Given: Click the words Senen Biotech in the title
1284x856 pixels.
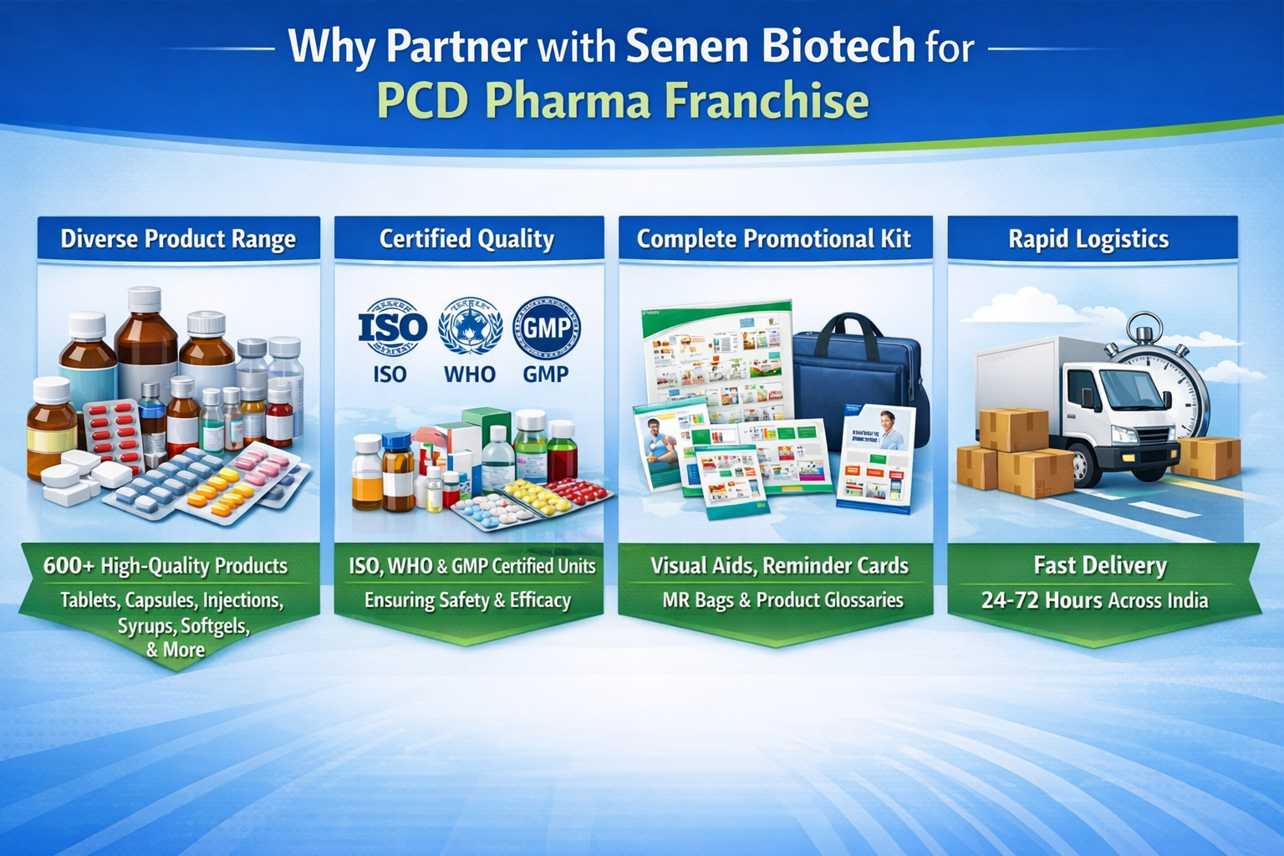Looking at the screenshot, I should pos(769,46).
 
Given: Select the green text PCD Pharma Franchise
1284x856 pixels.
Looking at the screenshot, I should pos(623,101).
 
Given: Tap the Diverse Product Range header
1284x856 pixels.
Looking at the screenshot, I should pos(178,239).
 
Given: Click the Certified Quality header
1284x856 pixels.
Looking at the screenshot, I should pos(466,239).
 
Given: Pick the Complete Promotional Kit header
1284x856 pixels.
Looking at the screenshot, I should pos(773,239).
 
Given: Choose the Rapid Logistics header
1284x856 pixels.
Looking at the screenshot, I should pos(1088,239).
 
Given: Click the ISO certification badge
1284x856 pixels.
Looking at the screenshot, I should pos(391,328).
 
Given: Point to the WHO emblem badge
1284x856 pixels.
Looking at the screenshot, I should pos(469,328).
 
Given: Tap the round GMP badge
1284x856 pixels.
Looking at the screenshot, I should pos(546,328).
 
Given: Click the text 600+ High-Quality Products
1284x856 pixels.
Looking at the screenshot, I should pos(166,566).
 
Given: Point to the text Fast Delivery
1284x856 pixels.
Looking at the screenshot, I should pos(1099,566).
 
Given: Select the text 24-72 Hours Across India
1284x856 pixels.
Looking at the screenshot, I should pos(1094,600).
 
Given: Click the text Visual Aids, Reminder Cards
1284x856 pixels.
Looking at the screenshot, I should pos(779,566).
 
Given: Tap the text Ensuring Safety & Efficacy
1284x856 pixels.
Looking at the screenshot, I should pos(467,600).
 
